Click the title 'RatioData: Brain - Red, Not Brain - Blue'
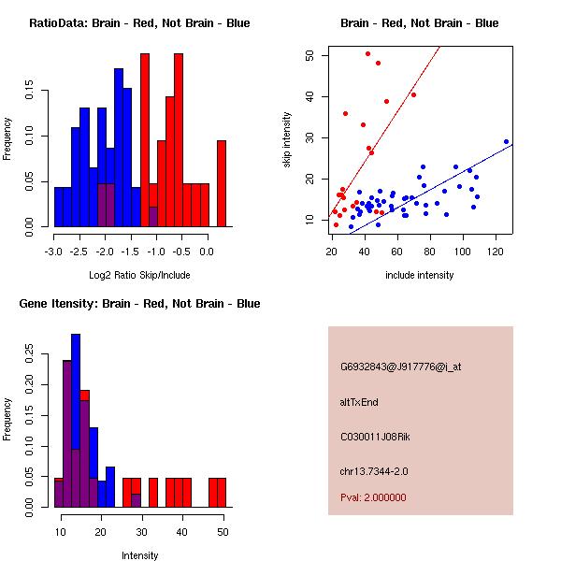(x=139, y=22)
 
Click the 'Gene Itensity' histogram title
(x=139, y=304)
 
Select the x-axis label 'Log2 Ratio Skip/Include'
(x=139, y=276)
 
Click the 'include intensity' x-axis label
(x=420, y=276)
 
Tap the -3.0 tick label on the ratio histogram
(x=54, y=252)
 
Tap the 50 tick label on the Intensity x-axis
(x=222, y=532)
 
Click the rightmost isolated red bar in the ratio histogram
(x=222, y=183)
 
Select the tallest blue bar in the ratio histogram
(x=119, y=147)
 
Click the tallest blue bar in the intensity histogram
(x=76, y=420)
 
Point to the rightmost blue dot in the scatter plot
(x=506, y=142)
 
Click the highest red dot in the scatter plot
(x=367, y=54)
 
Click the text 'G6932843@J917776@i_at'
(x=400, y=367)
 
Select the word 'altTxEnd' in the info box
(x=359, y=402)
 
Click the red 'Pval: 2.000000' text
(x=373, y=497)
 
